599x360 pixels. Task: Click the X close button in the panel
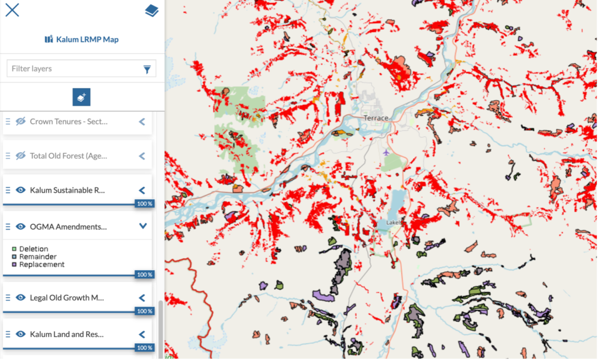tap(12, 10)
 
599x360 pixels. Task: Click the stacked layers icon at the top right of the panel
tap(152, 11)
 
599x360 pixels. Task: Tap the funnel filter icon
tap(147, 69)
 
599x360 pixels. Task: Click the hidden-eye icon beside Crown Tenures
tap(21, 121)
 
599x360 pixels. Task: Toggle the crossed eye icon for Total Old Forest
tap(21, 156)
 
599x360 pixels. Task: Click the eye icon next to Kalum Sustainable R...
tap(21, 190)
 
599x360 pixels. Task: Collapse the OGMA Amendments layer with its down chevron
tap(143, 226)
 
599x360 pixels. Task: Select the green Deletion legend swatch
tap(14, 249)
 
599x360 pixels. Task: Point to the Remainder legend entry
tap(37, 256)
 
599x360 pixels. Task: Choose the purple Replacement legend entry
tap(41, 265)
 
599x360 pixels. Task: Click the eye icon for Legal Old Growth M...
tap(21, 297)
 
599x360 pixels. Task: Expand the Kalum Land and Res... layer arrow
tap(142, 334)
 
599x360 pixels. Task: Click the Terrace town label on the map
tap(376, 118)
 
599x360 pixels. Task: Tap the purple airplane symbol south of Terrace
tap(385, 153)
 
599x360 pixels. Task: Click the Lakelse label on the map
tap(393, 222)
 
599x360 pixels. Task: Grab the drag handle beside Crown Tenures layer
tap(8, 121)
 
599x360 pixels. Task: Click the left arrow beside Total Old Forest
tap(142, 156)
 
